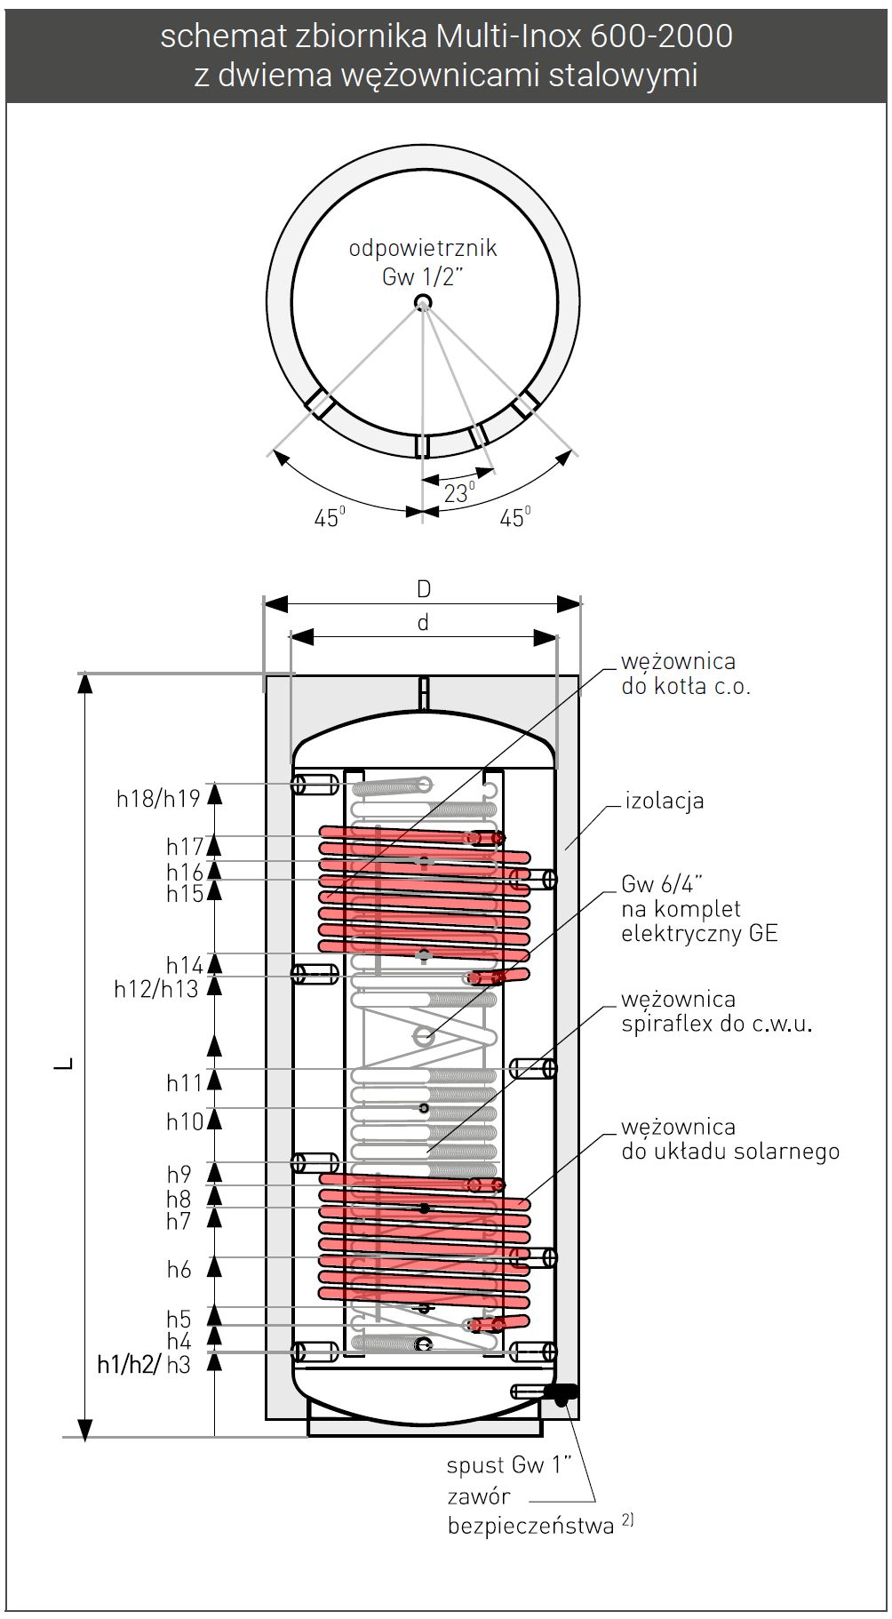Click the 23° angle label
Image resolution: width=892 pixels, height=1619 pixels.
[x=458, y=492]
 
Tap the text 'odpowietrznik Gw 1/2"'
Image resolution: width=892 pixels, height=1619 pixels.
[x=423, y=262]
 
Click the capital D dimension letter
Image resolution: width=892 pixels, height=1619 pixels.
[x=424, y=588]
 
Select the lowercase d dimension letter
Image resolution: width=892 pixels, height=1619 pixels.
[x=423, y=623]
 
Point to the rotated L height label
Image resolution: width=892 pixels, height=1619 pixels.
[x=64, y=1064]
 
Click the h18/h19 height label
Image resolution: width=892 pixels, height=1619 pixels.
[x=158, y=798]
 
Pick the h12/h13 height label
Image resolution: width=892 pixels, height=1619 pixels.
[x=155, y=988]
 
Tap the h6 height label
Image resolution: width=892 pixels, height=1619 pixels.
[x=179, y=1270]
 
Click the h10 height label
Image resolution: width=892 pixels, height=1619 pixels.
[x=185, y=1121]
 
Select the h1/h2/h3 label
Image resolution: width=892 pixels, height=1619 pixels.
[x=144, y=1365]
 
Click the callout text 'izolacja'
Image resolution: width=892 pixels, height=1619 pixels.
[x=665, y=801]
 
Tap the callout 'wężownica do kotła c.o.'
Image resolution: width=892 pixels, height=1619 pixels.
[x=685, y=674]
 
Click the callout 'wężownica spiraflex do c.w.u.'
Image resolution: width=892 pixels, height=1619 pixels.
[x=716, y=1011]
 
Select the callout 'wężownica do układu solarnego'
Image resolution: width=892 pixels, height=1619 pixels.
[x=729, y=1139]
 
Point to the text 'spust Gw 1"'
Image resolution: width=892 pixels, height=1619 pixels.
[x=508, y=1464]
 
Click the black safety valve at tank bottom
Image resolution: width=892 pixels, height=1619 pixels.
[x=561, y=1394]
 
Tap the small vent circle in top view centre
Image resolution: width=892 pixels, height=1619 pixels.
[x=423, y=303]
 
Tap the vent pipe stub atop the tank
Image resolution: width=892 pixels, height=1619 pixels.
[x=425, y=691]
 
